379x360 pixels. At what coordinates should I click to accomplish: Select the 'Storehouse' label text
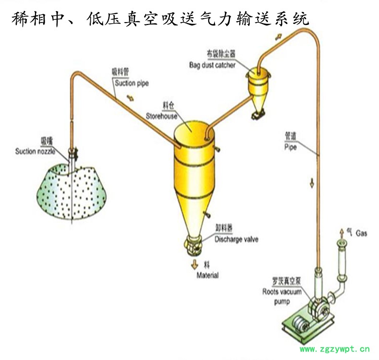[x=162, y=116]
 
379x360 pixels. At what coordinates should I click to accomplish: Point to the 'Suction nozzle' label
[x=35, y=152]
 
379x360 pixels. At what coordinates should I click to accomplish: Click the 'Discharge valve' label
[x=236, y=240]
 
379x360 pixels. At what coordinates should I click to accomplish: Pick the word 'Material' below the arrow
[x=208, y=276]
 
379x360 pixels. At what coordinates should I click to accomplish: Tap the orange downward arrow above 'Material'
[x=195, y=264]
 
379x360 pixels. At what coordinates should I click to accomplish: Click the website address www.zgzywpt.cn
[x=335, y=349]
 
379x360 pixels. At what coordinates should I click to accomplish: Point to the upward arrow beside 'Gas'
[x=342, y=231]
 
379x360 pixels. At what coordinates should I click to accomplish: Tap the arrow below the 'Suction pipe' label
[x=131, y=98]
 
